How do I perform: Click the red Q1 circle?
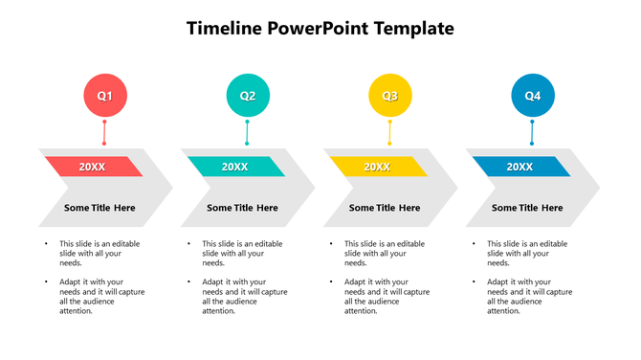pyautogui.click(x=104, y=96)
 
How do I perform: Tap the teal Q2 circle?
pyautogui.click(x=248, y=96)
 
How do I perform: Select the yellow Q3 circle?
pyautogui.click(x=390, y=96)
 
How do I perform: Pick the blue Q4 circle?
pyautogui.click(x=533, y=96)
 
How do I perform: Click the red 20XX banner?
pyautogui.click(x=93, y=167)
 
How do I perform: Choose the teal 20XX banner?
pyautogui.click(x=235, y=167)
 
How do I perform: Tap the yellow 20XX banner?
pyautogui.click(x=378, y=167)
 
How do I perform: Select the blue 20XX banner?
pyautogui.click(x=520, y=167)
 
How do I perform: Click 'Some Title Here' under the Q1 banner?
pyautogui.click(x=99, y=208)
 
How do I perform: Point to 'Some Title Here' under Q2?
pyautogui.click(x=242, y=208)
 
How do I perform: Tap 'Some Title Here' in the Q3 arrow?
pyautogui.click(x=385, y=208)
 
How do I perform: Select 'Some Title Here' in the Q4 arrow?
pyautogui.click(x=527, y=208)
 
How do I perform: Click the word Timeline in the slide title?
pyautogui.click(x=224, y=29)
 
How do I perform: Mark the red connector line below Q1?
pyautogui.click(x=104, y=131)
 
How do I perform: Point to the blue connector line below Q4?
pyautogui.click(x=533, y=131)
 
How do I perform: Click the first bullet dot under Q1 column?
pyautogui.click(x=46, y=244)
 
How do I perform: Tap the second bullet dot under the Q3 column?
pyautogui.click(x=331, y=282)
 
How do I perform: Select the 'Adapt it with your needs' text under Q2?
pyautogui.click(x=244, y=296)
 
